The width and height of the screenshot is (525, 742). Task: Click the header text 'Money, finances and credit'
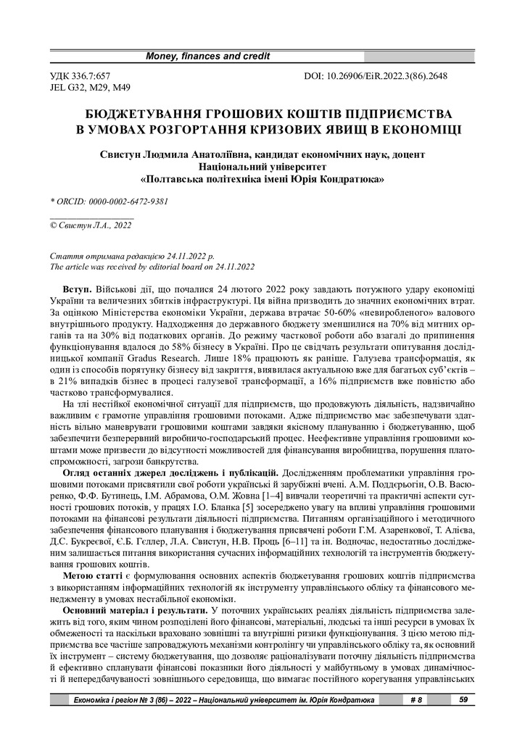point(208,56)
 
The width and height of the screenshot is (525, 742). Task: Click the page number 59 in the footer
point(462,700)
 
